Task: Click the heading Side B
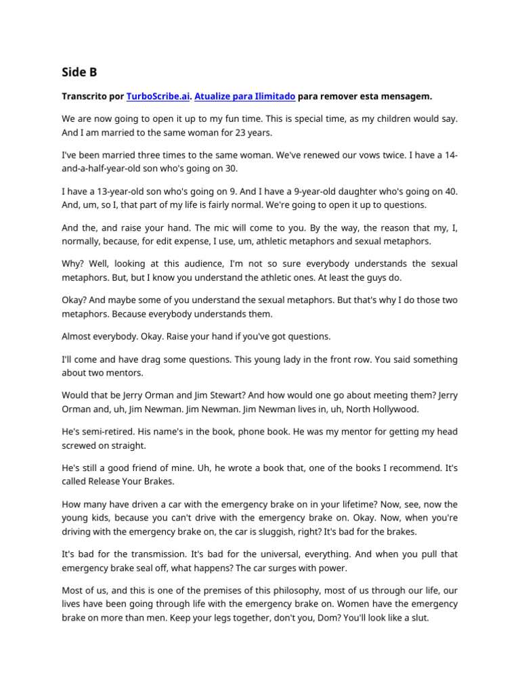point(79,72)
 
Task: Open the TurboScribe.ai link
point(158,96)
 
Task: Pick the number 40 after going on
point(451,192)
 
